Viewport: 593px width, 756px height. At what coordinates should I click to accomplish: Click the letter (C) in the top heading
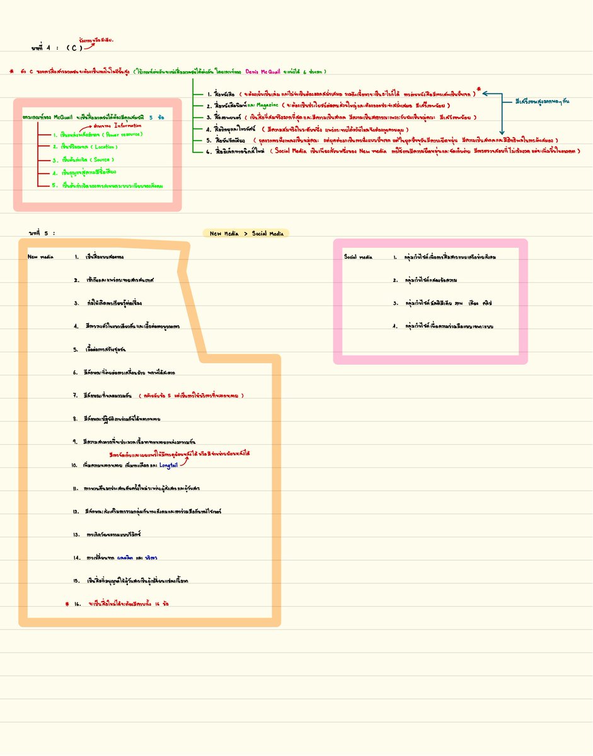click(x=74, y=48)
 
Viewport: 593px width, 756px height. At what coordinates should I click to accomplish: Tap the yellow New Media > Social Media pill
click(x=246, y=233)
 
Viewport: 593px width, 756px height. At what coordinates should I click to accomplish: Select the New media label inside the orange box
click(x=40, y=257)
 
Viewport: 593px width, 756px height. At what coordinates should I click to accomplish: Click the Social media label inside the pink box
click(x=359, y=257)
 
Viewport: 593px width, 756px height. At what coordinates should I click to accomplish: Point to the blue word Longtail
click(x=169, y=465)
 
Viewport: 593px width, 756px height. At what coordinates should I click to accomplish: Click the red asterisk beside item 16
click(x=67, y=604)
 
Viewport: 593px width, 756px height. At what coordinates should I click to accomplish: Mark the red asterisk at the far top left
click(x=11, y=71)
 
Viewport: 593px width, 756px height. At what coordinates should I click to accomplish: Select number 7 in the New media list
click(x=75, y=396)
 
